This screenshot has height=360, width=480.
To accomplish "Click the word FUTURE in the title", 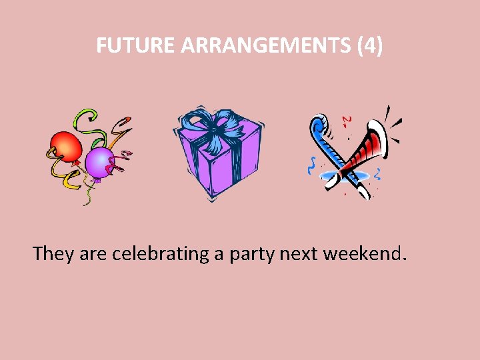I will (x=136, y=46).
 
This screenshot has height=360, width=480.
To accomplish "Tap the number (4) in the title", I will (x=370, y=46).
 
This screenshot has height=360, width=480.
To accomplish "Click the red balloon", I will (x=65, y=146).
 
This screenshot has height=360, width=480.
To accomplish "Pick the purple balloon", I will (x=99, y=162).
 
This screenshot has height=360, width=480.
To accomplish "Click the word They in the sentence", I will (x=53, y=254).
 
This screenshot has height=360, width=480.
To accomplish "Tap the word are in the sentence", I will (x=93, y=254).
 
